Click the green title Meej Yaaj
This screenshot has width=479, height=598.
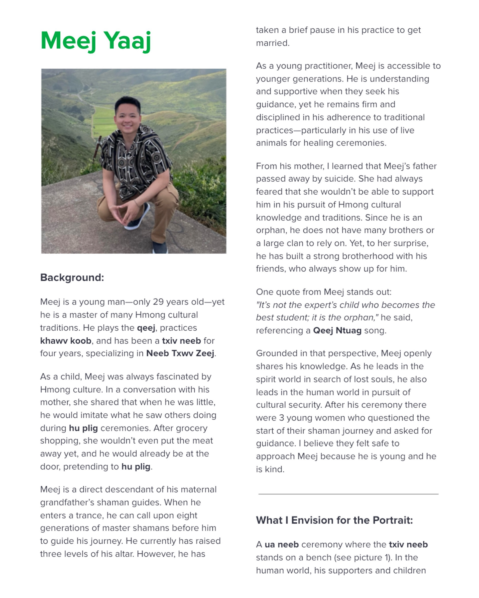point(96,41)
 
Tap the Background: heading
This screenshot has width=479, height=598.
point(72,277)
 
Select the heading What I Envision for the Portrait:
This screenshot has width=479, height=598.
point(334,520)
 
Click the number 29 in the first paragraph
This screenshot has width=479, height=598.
point(158,302)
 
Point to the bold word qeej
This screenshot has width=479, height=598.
point(146,328)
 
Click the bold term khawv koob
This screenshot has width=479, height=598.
point(66,341)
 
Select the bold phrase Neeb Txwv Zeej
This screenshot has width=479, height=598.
point(180,353)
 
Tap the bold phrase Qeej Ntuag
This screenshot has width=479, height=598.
point(337,330)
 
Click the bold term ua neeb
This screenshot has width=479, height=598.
point(282,544)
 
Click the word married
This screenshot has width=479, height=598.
point(272,43)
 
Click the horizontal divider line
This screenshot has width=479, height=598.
point(348,494)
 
